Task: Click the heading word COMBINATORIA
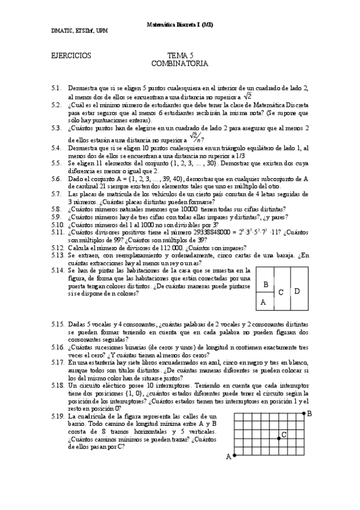pos(180,63)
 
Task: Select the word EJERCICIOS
pos(72,55)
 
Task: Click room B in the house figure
pos(266,284)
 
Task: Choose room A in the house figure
pos(263,302)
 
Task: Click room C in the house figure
pos(280,292)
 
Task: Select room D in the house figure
pos(297,291)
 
